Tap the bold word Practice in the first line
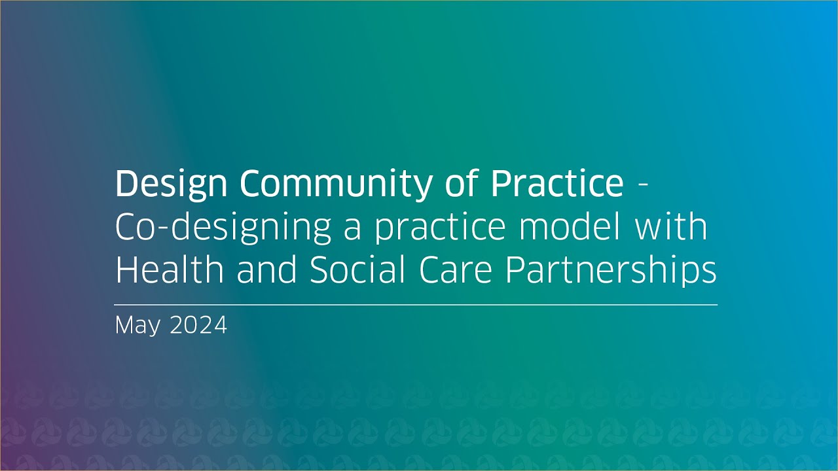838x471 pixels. [557, 184]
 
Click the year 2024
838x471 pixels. [198, 325]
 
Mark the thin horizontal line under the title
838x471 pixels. [416, 305]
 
